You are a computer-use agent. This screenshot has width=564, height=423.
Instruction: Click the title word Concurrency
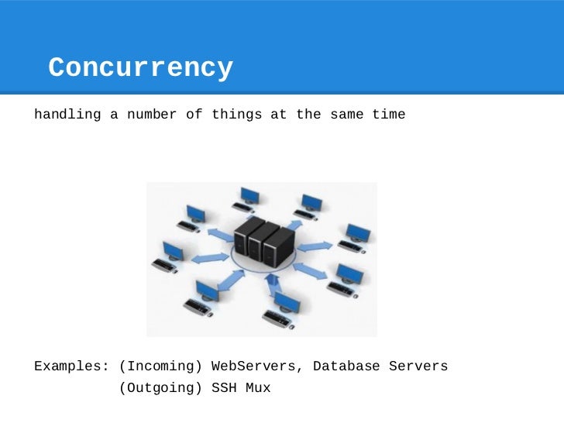coord(140,68)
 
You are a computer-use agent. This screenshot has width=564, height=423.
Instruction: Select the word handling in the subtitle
coord(67,115)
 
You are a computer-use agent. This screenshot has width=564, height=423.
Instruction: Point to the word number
coord(152,115)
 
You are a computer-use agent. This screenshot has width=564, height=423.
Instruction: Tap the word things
coord(236,115)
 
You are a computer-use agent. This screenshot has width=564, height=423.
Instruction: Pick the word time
coord(388,115)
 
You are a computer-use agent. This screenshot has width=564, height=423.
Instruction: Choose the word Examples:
coord(71,366)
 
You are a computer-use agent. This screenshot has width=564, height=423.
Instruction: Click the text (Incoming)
coord(160,366)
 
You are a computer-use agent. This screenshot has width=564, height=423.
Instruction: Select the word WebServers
coord(257,366)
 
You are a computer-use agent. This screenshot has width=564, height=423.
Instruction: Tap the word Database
coord(346,366)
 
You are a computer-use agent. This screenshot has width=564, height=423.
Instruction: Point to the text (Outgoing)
coord(160,387)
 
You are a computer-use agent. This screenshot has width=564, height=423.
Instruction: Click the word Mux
coord(257,387)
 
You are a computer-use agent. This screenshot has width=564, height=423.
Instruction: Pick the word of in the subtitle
coord(194,115)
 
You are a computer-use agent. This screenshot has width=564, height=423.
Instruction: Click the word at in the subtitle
coord(278,115)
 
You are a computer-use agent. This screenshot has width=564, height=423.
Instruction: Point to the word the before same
coord(308,115)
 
